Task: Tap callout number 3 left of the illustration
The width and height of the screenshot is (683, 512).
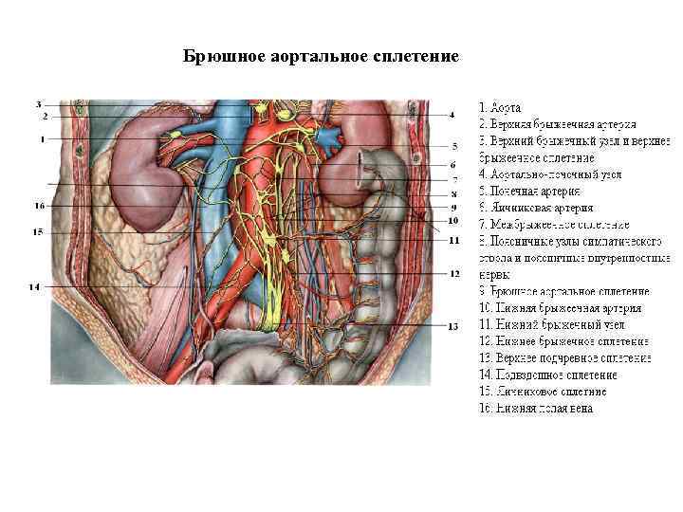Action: (39, 103)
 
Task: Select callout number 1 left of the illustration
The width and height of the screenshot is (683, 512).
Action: (43, 139)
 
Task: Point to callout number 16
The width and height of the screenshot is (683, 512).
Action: (39, 205)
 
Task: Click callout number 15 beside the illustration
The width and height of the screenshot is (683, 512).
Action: (38, 231)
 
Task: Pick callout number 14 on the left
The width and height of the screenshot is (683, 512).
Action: (34, 286)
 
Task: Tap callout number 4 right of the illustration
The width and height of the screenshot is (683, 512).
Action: (452, 115)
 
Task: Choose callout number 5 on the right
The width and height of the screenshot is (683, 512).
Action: (454, 147)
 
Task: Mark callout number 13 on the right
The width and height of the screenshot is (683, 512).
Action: (452, 325)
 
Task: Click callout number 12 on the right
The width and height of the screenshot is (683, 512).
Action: (454, 273)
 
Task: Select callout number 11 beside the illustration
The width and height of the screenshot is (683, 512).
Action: (454, 241)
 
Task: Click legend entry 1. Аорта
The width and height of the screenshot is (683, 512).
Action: (506, 108)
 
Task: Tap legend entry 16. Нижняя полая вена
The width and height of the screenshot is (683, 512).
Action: (536, 409)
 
